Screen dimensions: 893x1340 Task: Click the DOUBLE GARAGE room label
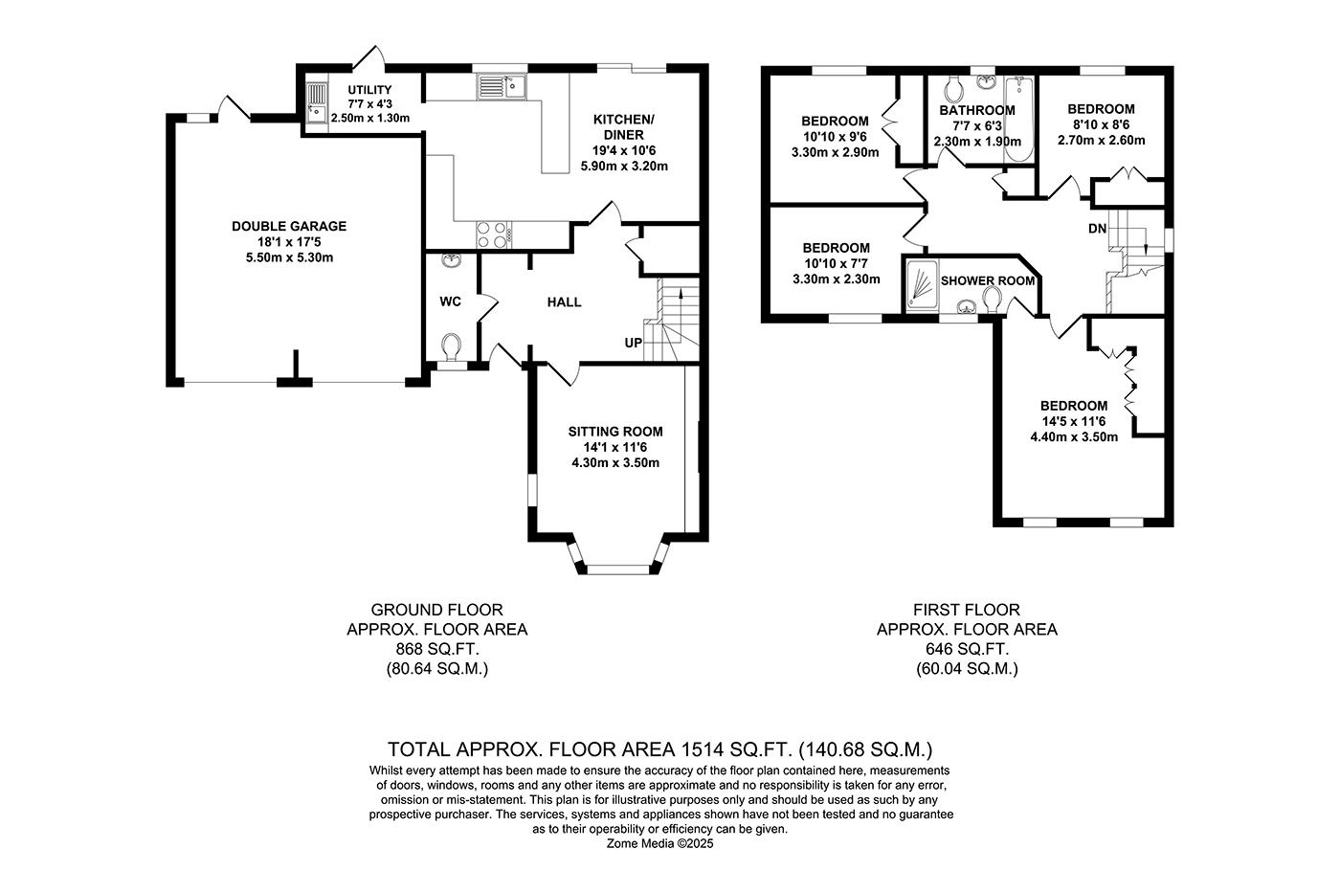click(289, 226)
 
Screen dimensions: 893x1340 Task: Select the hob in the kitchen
click(494, 233)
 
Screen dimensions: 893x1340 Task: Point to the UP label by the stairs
click(633, 343)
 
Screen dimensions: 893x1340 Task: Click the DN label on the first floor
click(1097, 229)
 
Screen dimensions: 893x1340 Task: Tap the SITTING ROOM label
click(614, 431)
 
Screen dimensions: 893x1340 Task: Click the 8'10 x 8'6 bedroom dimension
click(1101, 124)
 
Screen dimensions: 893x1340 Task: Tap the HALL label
click(564, 301)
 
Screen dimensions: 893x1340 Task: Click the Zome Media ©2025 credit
click(660, 844)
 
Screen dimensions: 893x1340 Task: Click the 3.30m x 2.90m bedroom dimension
click(835, 151)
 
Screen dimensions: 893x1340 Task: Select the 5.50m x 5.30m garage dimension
click(289, 257)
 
